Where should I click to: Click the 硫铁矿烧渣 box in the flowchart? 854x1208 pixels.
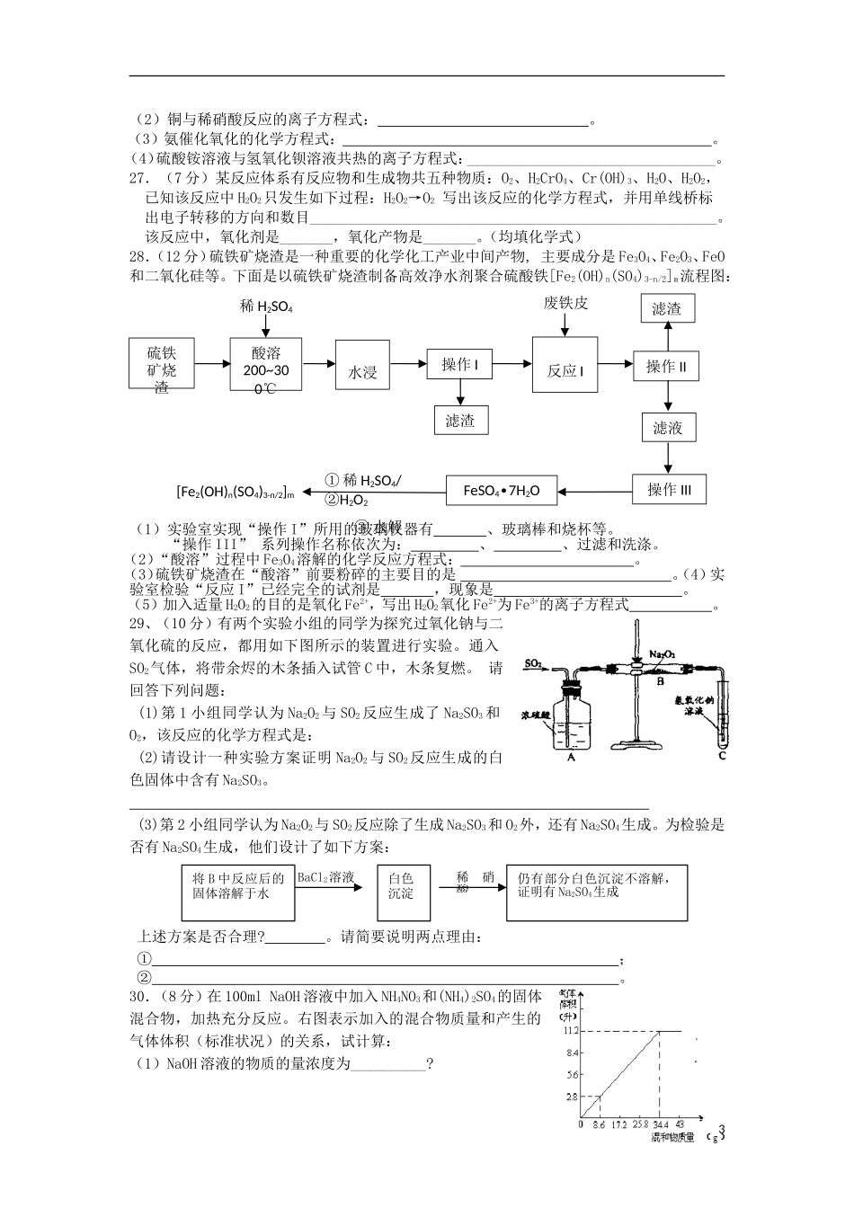[162, 364]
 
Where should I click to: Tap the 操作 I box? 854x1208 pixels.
[459, 364]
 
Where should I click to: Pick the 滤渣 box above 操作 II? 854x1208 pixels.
[666, 309]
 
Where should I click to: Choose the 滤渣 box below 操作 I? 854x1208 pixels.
[459, 420]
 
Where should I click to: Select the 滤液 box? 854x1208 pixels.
[667, 428]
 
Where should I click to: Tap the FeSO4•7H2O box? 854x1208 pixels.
[501, 490]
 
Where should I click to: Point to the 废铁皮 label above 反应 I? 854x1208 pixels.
[565, 303]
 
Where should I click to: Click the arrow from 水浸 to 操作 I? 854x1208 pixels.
[408, 363]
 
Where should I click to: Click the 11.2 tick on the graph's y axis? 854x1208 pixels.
[571, 1031]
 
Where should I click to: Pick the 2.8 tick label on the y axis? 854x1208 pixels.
[571, 1097]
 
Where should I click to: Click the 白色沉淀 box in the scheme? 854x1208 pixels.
[400, 886]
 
